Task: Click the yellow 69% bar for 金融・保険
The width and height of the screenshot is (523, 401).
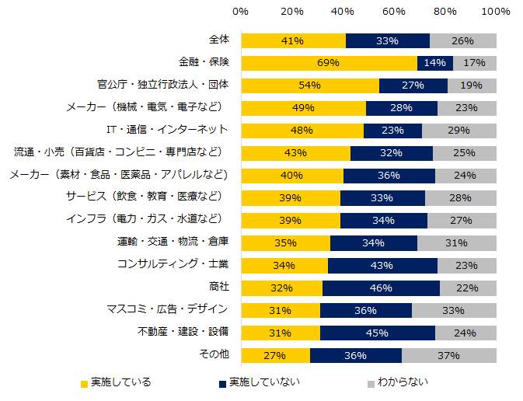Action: [329, 64]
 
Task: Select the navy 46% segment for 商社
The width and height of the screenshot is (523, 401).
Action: [381, 288]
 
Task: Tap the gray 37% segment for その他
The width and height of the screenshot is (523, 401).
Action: [448, 356]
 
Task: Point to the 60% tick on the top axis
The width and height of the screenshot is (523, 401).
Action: [394, 12]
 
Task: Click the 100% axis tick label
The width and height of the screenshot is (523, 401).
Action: [495, 12]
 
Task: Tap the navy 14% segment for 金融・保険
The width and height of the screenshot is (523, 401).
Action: [434, 64]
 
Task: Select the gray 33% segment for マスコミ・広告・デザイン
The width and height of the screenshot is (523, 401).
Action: [454, 311]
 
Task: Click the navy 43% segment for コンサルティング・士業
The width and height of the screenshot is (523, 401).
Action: [382, 266]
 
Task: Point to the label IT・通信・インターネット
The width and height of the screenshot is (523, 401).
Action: [166, 129]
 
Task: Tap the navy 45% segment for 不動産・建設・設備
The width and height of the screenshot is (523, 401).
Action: [377, 333]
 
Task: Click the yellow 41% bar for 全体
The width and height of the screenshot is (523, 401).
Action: [293, 41]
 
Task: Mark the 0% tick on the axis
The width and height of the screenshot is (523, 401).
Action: [241, 12]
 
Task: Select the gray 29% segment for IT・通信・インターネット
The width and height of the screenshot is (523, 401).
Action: [458, 131]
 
